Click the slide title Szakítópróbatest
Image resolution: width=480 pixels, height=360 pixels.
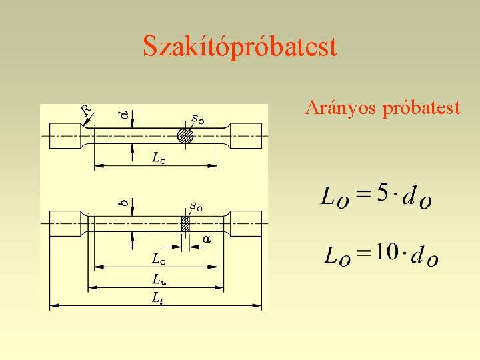240,47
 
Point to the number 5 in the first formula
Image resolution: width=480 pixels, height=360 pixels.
382,193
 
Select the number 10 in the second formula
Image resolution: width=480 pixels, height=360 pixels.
387,252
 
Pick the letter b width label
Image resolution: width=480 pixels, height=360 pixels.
123,199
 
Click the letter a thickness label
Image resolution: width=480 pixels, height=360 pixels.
207,238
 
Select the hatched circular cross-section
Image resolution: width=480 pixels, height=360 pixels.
185,136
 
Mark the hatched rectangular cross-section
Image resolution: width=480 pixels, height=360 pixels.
185,223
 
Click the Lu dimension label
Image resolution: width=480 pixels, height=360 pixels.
159,279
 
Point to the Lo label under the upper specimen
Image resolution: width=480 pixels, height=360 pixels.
158,159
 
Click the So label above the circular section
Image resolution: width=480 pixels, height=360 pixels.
197,119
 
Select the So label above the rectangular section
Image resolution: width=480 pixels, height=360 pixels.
196,206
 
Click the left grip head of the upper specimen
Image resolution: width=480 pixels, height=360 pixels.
66,136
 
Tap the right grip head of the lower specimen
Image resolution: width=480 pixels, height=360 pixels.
245,223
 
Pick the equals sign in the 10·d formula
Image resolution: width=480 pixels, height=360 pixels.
363,254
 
